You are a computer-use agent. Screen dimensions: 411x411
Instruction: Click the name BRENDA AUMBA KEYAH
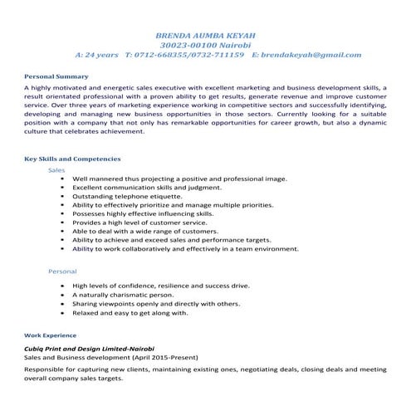tap(206, 36)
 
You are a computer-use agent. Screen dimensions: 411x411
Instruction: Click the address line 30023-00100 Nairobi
tap(206, 45)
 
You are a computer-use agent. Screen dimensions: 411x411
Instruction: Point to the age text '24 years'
tap(101, 55)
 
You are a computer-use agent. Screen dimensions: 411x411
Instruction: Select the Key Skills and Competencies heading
tap(72, 158)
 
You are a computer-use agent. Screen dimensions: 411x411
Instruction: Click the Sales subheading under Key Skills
tap(57, 169)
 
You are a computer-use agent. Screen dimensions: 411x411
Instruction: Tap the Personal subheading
tap(62, 272)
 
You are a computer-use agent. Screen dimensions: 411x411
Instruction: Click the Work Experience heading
tap(51, 335)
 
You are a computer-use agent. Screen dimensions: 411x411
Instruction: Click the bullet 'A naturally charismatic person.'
tap(123, 295)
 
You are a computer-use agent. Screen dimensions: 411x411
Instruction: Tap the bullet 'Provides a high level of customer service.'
tap(139, 223)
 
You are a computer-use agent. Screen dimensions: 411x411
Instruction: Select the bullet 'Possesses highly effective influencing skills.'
tap(143, 213)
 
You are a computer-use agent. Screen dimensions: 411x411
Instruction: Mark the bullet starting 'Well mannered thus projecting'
tap(179, 179)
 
